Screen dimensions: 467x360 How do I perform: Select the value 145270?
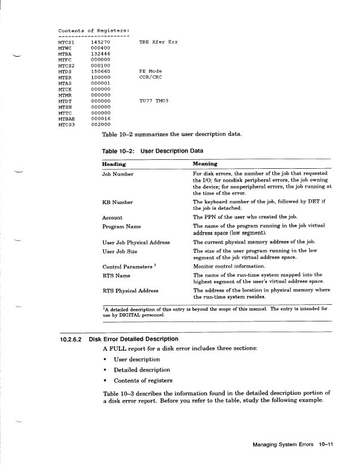tap(100, 43)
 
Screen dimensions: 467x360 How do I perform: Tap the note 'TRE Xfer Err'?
tap(159, 43)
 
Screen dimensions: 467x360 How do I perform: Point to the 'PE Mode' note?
tap(150, 71)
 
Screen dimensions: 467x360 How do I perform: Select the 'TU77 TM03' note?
tap(154, 100)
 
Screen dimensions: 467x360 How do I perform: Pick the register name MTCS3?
tap(66, 124)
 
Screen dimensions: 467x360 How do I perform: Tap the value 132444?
tap(100, 54)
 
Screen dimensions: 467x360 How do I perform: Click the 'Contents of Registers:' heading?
tap(94, 30)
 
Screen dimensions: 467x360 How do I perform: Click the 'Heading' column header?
tap(114, 164)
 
